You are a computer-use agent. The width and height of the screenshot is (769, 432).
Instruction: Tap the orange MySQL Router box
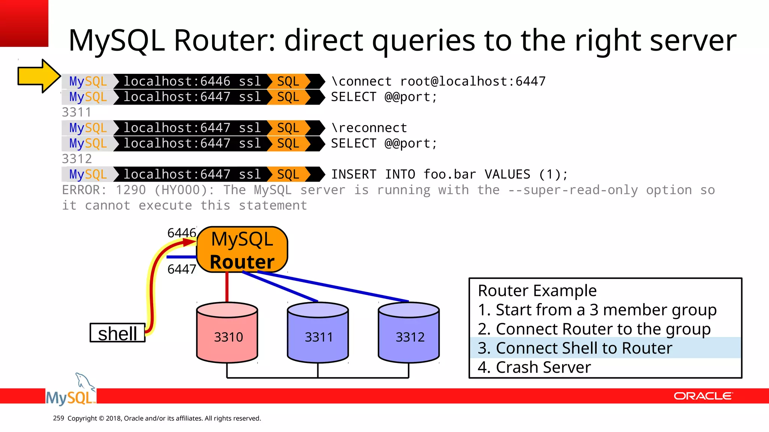point(242,250)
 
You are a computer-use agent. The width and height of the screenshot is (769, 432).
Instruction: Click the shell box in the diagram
point(118,333)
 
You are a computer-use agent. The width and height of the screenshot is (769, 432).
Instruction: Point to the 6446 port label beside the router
point(182,233)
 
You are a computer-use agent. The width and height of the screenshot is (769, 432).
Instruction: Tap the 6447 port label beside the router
point(182,269)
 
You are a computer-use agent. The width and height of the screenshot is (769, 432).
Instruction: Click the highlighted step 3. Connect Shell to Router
point(574,348)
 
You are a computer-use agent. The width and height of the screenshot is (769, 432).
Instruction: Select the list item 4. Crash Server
point(534,367)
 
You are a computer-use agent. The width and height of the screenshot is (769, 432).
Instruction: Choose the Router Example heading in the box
point(537,291)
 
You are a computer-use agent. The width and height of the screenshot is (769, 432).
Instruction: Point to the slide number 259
point(59,418)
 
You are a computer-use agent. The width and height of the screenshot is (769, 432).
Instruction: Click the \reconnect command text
point(369,128)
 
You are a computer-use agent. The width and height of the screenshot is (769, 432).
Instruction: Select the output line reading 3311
point(77,112)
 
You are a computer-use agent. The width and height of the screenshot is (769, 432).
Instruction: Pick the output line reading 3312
point(77,159)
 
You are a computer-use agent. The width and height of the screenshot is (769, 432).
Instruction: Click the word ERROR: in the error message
point(84,190)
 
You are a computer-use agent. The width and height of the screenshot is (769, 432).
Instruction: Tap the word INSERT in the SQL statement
point(353,174)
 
